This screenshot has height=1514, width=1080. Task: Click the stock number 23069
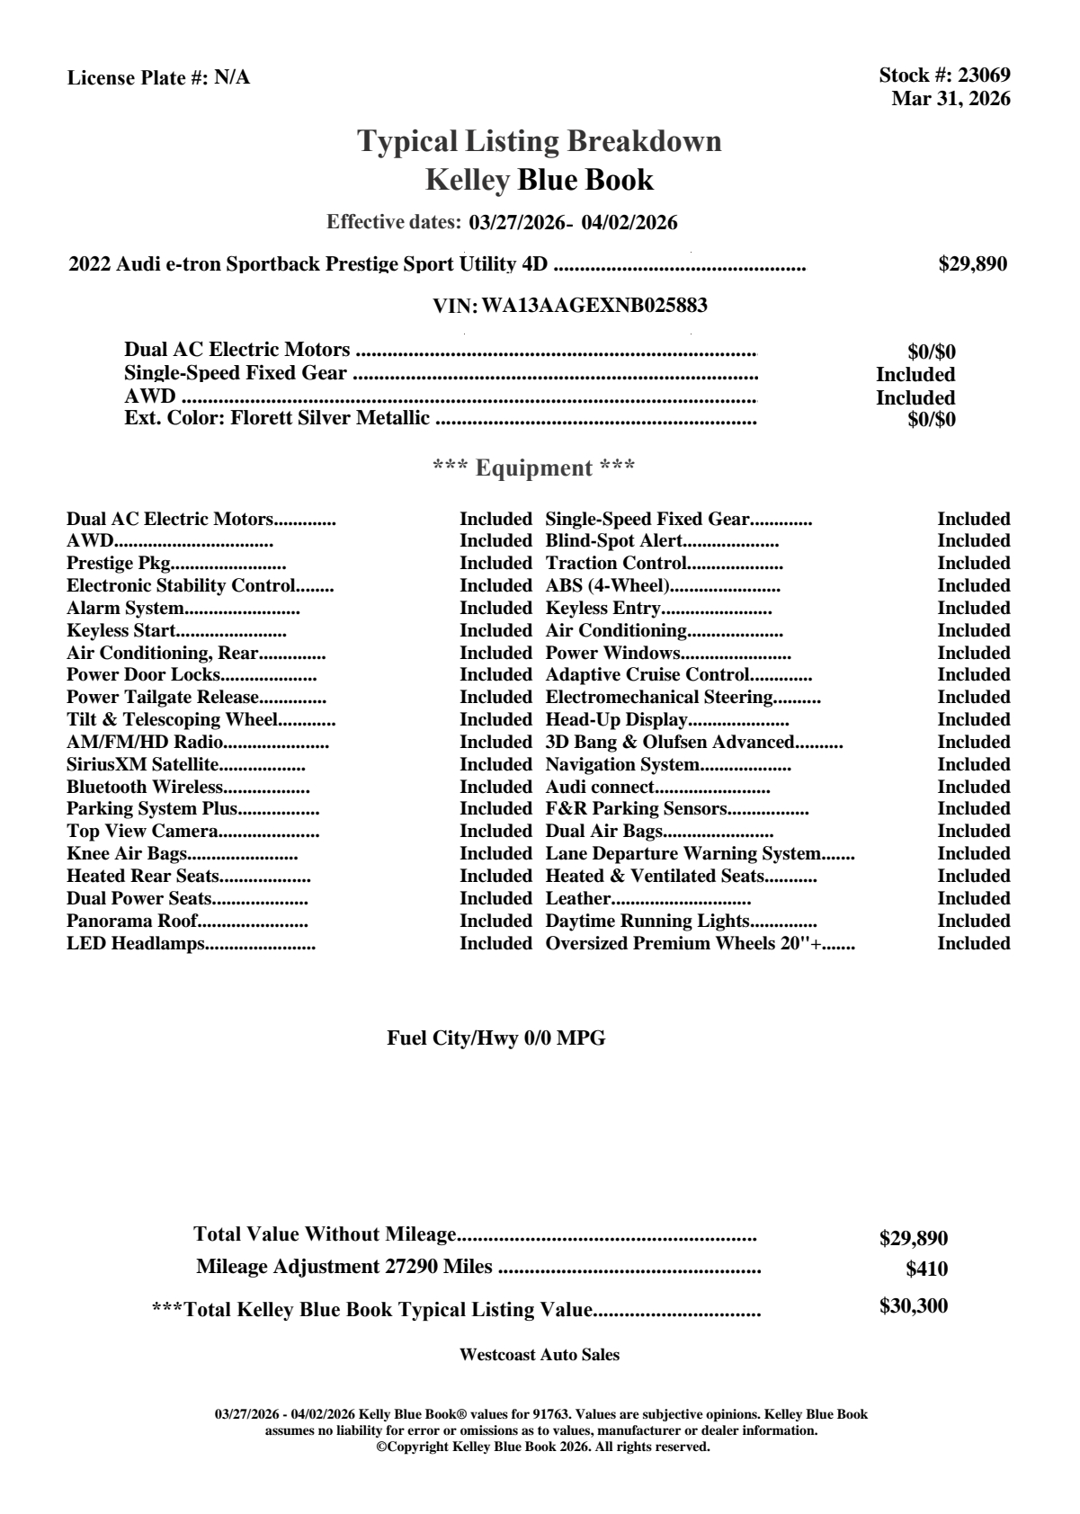click(985, 76)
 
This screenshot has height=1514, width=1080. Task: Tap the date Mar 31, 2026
click(951, 99)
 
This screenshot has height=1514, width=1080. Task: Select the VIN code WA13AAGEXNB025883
click(594, 306)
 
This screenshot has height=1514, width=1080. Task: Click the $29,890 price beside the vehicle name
click(972, 264)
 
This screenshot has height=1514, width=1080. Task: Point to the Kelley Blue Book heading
click(539, 180)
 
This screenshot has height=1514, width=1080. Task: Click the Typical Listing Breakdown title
click(539, 141)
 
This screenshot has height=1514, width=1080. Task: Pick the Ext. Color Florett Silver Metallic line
click(277, 418)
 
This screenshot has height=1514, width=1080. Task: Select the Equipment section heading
click(533, 468)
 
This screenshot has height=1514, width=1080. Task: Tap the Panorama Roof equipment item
click(131, 921)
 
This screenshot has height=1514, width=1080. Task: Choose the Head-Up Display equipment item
click(616, 720)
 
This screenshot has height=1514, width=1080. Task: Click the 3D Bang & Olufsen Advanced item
click(669, 743)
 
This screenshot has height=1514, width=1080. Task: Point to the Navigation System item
click(622, 765)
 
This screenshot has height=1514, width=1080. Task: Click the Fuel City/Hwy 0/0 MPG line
click(495, 1038)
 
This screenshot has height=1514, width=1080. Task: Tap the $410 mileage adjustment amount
click(926, 1269)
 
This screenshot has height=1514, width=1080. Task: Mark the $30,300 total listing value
click(913, 1306)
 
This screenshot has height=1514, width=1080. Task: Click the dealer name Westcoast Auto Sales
click(539, 1355)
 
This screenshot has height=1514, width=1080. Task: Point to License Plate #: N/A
click(158, 78)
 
